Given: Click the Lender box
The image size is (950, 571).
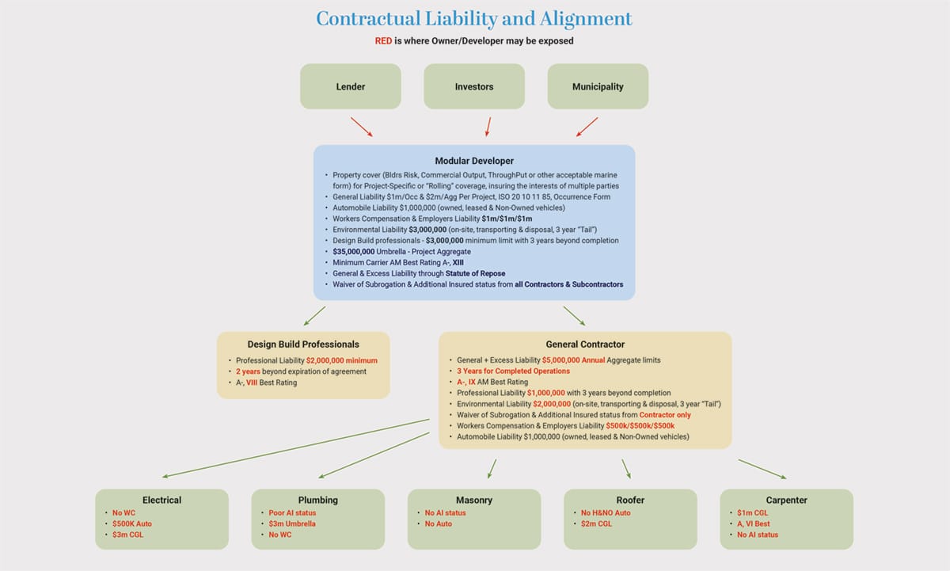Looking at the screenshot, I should [x=350, y=86].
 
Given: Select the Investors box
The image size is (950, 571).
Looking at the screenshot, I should [x=474, y=86].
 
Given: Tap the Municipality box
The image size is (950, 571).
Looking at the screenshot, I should [x=598, y=86].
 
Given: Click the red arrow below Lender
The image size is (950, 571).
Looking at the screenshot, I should [x=361, y=127].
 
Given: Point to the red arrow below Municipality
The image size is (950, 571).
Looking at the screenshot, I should [x=587, y=127].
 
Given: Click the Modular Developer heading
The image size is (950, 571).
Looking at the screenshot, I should [x=474, y=161].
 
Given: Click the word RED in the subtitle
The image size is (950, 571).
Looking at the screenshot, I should [x=383, y=40].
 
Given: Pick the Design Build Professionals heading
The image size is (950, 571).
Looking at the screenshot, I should [x=303, y=345].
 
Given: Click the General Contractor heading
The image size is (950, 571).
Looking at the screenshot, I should [x=585, y=345].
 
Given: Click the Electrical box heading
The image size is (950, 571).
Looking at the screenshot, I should [x=161, y=500].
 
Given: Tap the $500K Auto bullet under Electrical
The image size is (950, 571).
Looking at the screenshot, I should [x=132, y=523].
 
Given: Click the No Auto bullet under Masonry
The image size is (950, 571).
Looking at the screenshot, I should [x=439, y=523].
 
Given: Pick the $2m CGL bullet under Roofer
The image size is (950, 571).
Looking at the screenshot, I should [x=596, y=523].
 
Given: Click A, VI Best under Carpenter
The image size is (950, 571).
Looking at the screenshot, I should [x=753, y=523].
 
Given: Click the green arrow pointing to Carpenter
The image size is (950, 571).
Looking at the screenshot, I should [x=762, y=469].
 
